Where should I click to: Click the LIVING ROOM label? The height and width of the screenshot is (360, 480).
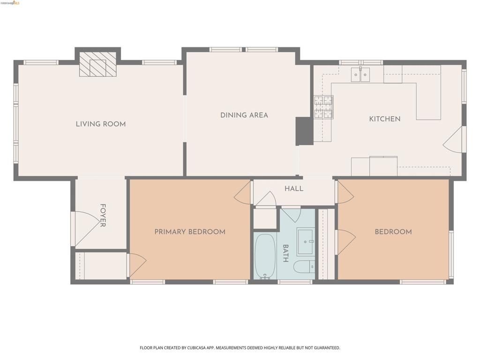coord(101,124)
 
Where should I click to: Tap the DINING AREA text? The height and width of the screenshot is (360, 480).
coord(244,115)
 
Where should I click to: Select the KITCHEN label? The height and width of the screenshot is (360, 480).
coord(384,119)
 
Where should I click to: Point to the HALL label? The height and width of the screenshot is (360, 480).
coord(294,188)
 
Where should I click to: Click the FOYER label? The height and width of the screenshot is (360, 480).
coord(103,215)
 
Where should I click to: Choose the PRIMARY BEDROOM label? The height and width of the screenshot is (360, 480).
coord(190,232)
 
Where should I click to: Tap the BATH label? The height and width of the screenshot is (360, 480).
coord(285,253)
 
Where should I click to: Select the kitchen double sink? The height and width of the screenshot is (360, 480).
coord(360,75)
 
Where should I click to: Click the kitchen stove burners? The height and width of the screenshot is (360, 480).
coord(323,107)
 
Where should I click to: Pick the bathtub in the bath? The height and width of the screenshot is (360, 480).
coord(265,256)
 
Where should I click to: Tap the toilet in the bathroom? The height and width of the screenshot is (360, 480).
coord(304,266)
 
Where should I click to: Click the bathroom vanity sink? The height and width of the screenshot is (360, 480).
coord(305,241)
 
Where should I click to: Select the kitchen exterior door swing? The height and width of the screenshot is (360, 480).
coord(453,140)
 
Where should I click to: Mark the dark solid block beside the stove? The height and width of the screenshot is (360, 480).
coord(304,131)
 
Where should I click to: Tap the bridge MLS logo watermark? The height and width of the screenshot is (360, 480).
coord(10,3)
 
